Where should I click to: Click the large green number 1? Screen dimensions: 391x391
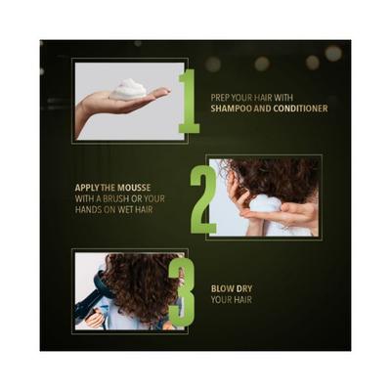tap(190, 101)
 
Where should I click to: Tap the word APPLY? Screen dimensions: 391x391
tap(87, 188)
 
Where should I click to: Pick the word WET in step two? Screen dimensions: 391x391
tap(126, 209)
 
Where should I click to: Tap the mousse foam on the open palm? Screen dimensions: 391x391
tap(128, 88)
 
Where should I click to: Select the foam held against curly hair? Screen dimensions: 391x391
tap(265, 206)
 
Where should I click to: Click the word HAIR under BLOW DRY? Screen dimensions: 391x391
tap(242, 299)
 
